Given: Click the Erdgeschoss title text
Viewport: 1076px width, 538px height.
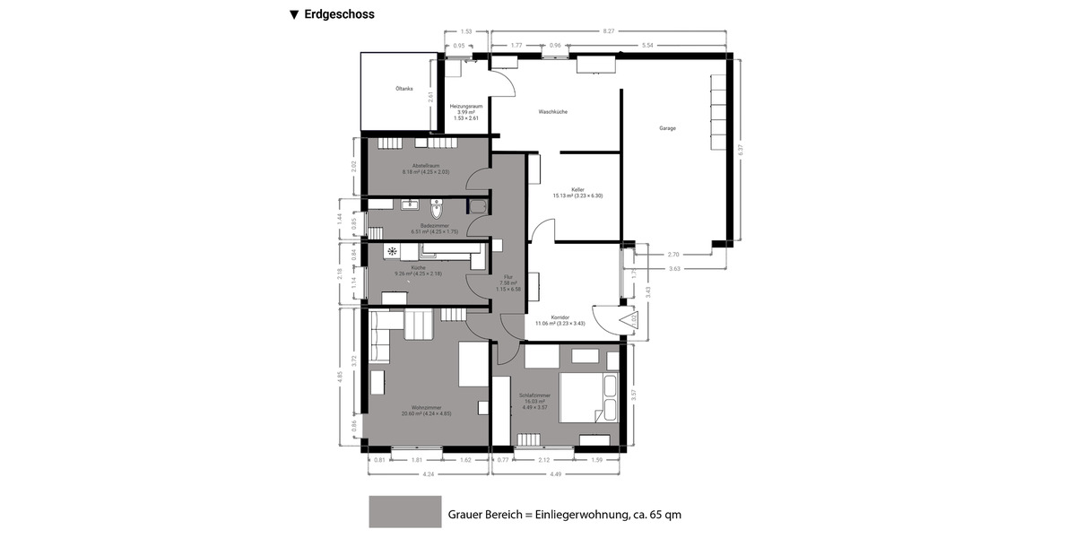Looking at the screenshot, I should tap(338, 14).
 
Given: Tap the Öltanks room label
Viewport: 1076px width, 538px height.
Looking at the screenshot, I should tap(403, 89).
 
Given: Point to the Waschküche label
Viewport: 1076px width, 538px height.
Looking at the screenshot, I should tap(552, 111).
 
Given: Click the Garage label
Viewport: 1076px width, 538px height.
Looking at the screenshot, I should tap(667, 128).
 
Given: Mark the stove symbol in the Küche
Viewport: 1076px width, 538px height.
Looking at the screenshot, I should tap(392, 252).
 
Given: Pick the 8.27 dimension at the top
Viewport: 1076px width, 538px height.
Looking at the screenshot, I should tap(608, 31).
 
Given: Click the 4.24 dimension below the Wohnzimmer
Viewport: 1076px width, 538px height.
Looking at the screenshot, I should tap(428, 474).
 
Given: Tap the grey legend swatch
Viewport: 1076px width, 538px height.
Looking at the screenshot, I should tap(404, 512).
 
